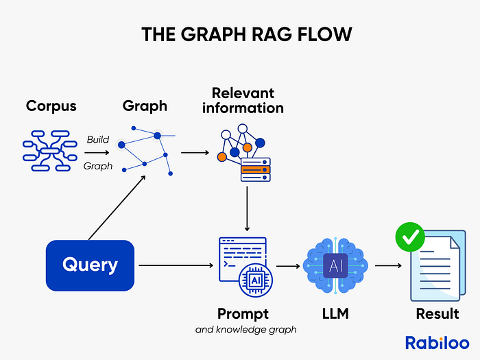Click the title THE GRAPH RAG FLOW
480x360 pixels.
(240, 35)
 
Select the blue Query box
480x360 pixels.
(89, 264)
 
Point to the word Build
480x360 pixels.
(97, 139)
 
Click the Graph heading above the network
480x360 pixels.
(145, 106)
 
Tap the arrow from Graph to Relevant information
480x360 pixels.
(194, 152)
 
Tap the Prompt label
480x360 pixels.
(243, 314)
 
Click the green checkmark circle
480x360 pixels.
(410, 238)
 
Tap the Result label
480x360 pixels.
(437, 314)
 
